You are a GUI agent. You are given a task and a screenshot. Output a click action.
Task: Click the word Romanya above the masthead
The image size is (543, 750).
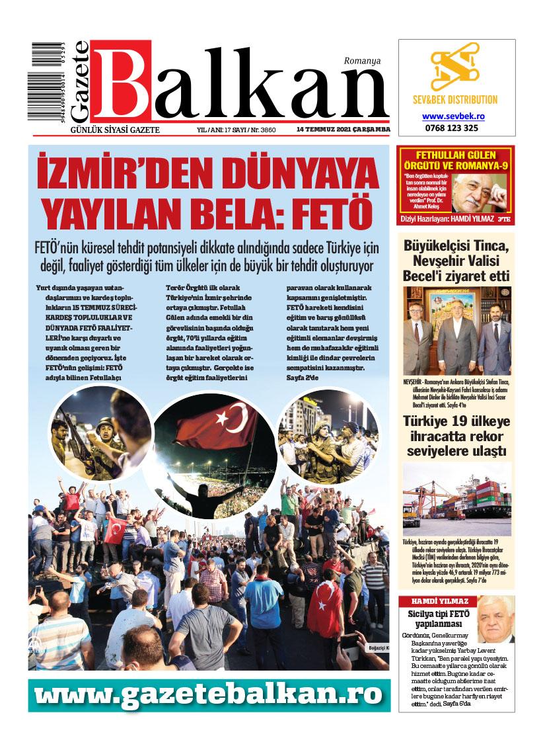[362, 62]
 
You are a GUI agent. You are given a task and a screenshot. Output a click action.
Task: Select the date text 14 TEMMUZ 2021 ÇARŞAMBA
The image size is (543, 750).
[343, 129]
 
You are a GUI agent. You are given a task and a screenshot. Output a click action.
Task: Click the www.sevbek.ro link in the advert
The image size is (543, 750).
[454, 115]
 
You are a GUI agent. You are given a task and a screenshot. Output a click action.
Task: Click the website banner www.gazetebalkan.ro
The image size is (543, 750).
[209, 695]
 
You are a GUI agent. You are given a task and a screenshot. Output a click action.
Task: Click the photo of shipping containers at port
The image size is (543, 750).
[456, 499]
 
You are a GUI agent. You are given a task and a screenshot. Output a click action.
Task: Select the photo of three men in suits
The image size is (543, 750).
[456, 331]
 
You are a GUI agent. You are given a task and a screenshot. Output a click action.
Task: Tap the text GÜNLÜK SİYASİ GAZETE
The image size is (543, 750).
[116, 130]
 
